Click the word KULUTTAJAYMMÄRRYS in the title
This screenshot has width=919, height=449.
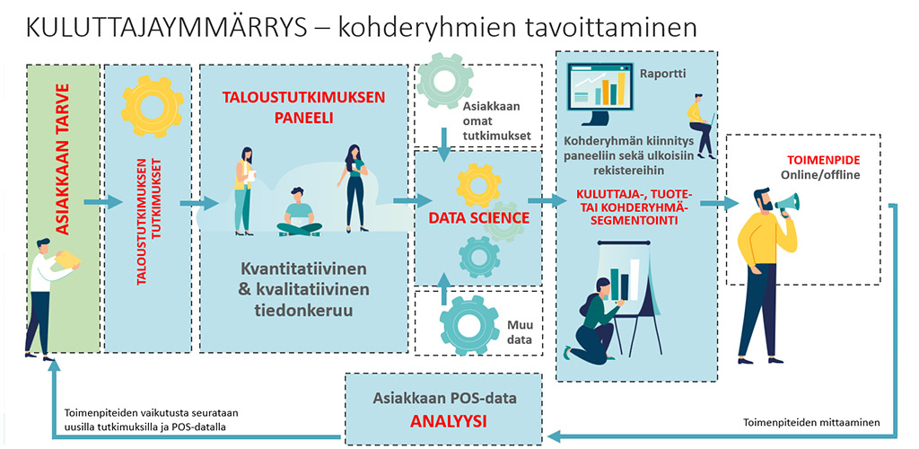166,28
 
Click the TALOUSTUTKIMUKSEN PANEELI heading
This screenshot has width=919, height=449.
303,108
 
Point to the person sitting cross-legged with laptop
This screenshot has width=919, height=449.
299,212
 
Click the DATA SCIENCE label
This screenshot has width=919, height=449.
479,218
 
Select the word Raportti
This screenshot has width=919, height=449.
661,75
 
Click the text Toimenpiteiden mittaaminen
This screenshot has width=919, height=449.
811,422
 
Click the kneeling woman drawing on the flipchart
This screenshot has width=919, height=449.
593,321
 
